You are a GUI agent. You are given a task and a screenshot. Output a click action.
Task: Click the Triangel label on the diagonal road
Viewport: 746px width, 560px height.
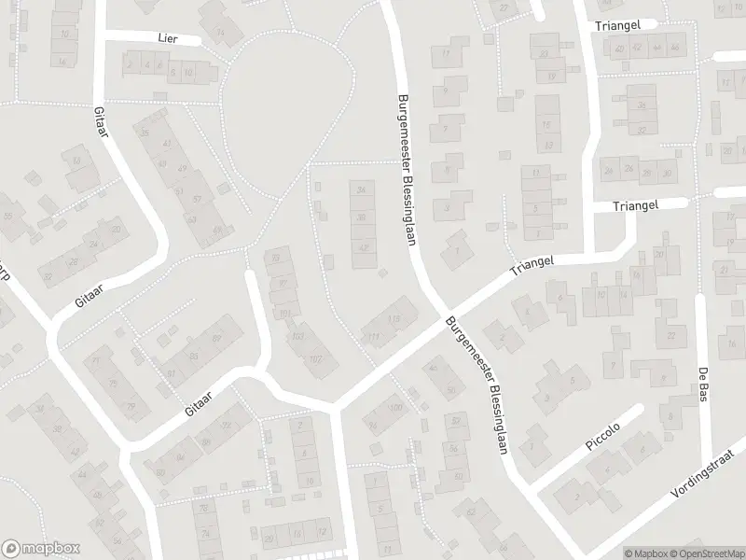tap(532, 266)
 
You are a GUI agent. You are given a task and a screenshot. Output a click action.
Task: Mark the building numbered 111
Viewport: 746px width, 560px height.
tap(375, 336)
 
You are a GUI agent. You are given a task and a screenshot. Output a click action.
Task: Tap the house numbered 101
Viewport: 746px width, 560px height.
tap(285, 313)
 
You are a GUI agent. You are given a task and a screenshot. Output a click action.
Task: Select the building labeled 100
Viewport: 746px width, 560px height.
tap(395, 409)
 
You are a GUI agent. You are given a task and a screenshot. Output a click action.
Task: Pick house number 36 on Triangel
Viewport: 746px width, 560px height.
tap(641, 105)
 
